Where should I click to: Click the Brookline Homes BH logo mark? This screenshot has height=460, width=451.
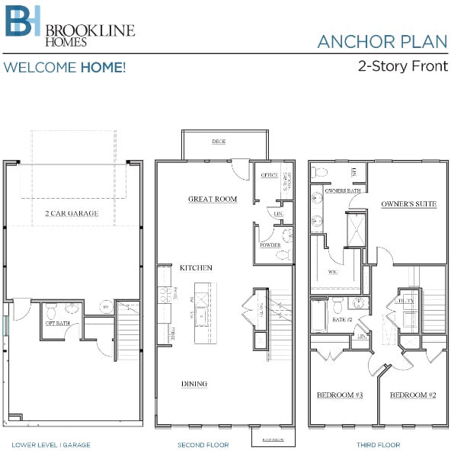pyautogui.click(x=23, y=23)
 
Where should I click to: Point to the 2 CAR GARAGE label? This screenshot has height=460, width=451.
pyautogui.click(x=71, y=214)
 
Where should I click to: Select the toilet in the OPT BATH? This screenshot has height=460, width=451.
pyautogui.click(x=52, y=311)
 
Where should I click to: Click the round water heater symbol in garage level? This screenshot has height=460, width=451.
pyautogui.click(x=106, y=308)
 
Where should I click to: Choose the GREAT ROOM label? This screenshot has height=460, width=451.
pyautogui.click(x=213, y=200)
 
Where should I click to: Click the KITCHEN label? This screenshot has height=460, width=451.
pyautogui.click(x=196, y=268)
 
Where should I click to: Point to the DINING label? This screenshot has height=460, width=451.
pyautogui.click(x=194, y=384)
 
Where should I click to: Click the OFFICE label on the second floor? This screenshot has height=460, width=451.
pyautogui.click(x=269, y=175)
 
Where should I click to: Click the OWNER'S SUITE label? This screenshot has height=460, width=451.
pyautogui.click(x=408, y=205)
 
